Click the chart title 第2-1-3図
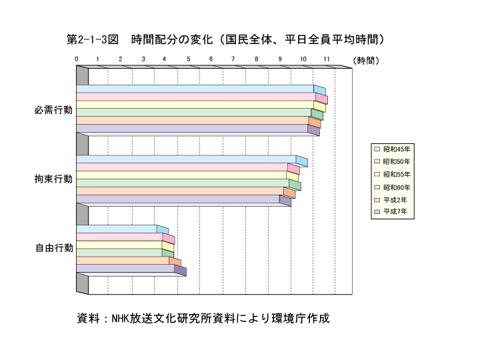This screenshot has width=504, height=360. point(93,39)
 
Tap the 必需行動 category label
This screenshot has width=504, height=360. point(53,110)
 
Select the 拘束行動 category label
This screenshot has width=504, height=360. point(53,179)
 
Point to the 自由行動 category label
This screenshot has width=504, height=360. point(54,248)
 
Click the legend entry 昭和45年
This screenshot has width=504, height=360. point(393,149)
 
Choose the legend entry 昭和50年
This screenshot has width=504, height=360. point(393,161)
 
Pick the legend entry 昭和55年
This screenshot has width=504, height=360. point(393,174)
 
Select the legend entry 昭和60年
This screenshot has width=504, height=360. point(393,187)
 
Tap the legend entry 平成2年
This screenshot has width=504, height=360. point(391,200)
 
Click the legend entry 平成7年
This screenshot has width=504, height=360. point(391,211)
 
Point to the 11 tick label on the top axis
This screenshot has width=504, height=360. point(327,59)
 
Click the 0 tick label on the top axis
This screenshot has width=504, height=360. point(76,59)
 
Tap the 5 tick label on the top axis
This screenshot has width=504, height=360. point(189,59)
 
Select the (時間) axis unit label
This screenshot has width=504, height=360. point(366,61)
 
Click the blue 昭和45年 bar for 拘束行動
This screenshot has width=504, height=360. point(192,159)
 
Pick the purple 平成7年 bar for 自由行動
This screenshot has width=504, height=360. point(131,269)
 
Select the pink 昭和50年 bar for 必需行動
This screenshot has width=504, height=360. point(202,97)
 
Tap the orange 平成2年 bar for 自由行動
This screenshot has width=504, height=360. point(129,261)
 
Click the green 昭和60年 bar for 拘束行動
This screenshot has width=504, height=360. point(189,183)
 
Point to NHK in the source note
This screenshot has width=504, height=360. point(120,318)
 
